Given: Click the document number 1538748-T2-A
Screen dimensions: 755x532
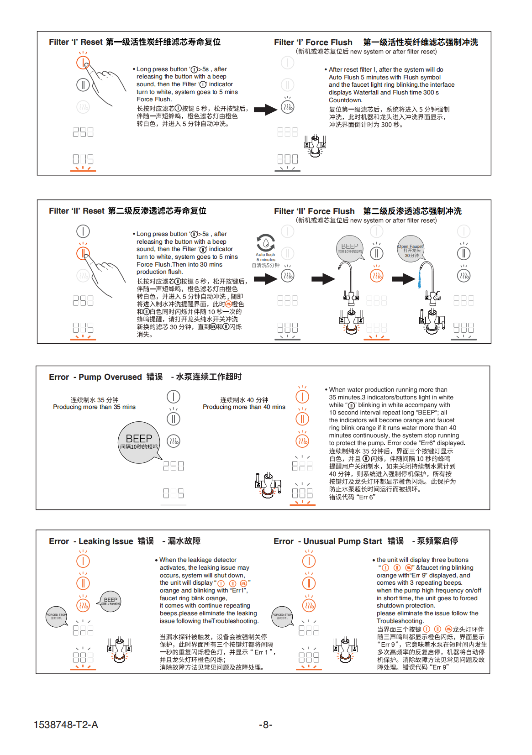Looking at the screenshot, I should pos(66,724).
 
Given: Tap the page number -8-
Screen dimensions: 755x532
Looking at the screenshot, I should pos(266,724).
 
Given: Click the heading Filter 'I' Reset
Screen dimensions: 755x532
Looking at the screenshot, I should pos(76,42).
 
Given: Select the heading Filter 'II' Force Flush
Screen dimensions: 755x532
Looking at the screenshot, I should pos(314,211).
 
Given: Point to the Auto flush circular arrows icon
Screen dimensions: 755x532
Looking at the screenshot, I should pos(266,242).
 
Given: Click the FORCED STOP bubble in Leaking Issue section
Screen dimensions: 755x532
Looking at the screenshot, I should pos(56,616).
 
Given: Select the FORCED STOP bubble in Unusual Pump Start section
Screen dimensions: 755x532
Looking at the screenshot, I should pos(282,616).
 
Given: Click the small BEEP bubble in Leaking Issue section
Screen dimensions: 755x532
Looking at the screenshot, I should pos(111,601).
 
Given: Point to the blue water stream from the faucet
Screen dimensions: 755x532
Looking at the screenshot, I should pos(419,278).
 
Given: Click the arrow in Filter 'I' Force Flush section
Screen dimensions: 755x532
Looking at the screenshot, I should pos(265,110).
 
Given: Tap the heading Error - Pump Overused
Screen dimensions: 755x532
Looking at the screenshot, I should pos(95,377).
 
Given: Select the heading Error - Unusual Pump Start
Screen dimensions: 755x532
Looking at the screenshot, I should pos(328,541).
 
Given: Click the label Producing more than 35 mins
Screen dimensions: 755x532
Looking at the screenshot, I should pos(94,407).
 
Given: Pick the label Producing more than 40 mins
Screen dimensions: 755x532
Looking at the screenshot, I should pos(244,407).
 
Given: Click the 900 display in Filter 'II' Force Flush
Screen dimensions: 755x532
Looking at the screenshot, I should pos(464,328).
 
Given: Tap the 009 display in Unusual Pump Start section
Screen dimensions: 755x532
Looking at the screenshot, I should pos(309,658).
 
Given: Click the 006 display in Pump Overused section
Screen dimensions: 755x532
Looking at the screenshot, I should pos(302,493).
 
